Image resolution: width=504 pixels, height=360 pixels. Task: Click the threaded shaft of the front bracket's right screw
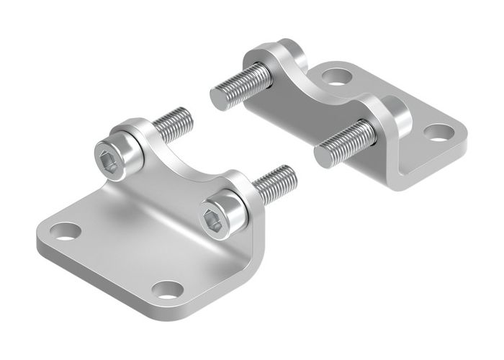pyautogui.click(x=274, y=183)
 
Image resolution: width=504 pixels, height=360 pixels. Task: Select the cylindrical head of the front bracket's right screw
pyautogui.click(x=223, y=209)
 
